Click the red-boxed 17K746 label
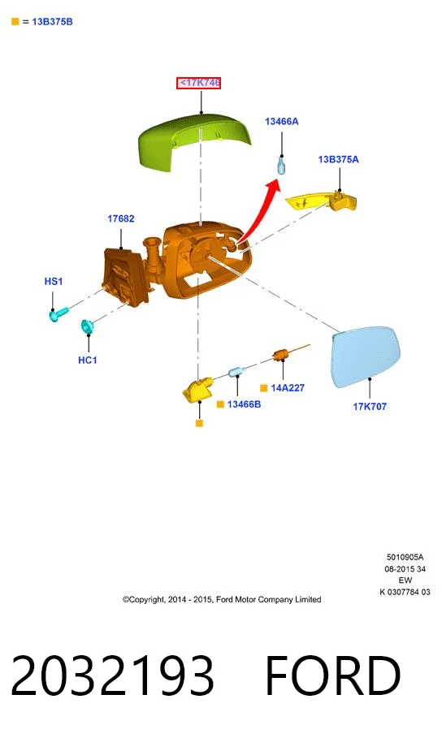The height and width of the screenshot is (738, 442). point(199,83)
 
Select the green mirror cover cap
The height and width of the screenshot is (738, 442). point(194,141)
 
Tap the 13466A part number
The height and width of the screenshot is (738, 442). point(282,122)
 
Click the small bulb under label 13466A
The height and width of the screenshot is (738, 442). point(281,166)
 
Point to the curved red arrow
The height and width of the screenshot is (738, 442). point(258,209)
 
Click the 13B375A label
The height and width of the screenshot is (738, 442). point(338,159)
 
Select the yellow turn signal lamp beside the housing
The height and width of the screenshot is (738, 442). point(323,201)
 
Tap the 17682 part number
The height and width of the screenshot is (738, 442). point(120,218)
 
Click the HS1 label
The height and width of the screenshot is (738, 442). point(54,281)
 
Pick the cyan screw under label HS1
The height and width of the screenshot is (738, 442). point(58,313)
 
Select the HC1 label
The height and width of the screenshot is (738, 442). point(88,360)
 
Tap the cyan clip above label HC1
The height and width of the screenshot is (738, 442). point(87,326)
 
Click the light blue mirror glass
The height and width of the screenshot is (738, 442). point(366,356)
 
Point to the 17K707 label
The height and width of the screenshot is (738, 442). point(370,406)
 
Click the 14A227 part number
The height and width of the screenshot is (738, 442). point(288,388)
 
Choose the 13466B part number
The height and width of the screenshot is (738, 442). point(244,404)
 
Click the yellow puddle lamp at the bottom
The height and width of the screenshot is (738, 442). point(197,391)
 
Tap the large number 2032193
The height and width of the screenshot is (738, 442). point(112,675)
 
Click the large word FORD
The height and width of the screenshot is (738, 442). point(333,675)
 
